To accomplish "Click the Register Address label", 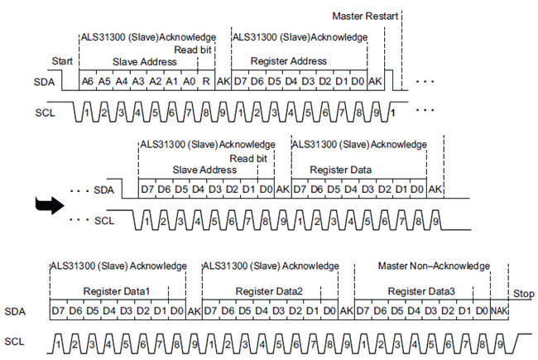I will [x=288, y=61].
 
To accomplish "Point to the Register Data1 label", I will [x=116, y=291].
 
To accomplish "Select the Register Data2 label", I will [x=269, y=291].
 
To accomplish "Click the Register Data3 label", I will [x=421, y=291].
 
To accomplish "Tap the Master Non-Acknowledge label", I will [x=434, y=266].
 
